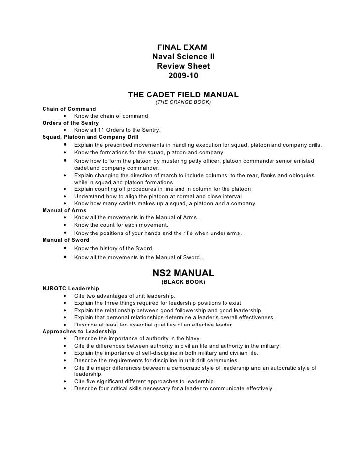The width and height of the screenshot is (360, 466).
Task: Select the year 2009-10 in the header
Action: click(182, 76)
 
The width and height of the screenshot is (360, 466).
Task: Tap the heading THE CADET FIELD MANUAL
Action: click(183, 94)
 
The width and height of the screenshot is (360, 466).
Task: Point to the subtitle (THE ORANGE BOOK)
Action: click(183, 102)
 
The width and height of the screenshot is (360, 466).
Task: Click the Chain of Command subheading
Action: click(69, 108)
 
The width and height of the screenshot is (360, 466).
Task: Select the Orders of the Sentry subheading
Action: click(71, 122)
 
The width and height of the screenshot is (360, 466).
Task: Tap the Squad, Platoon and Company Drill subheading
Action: click(90, 137)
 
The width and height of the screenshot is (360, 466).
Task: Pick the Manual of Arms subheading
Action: click(64, 210)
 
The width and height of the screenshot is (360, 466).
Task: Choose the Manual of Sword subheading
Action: click(66, 240)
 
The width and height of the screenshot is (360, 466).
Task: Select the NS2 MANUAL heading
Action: click(183, 273)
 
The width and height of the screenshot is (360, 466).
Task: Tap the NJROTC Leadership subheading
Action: click(71, 288)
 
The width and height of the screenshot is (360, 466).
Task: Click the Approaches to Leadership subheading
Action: click(79, 331)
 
